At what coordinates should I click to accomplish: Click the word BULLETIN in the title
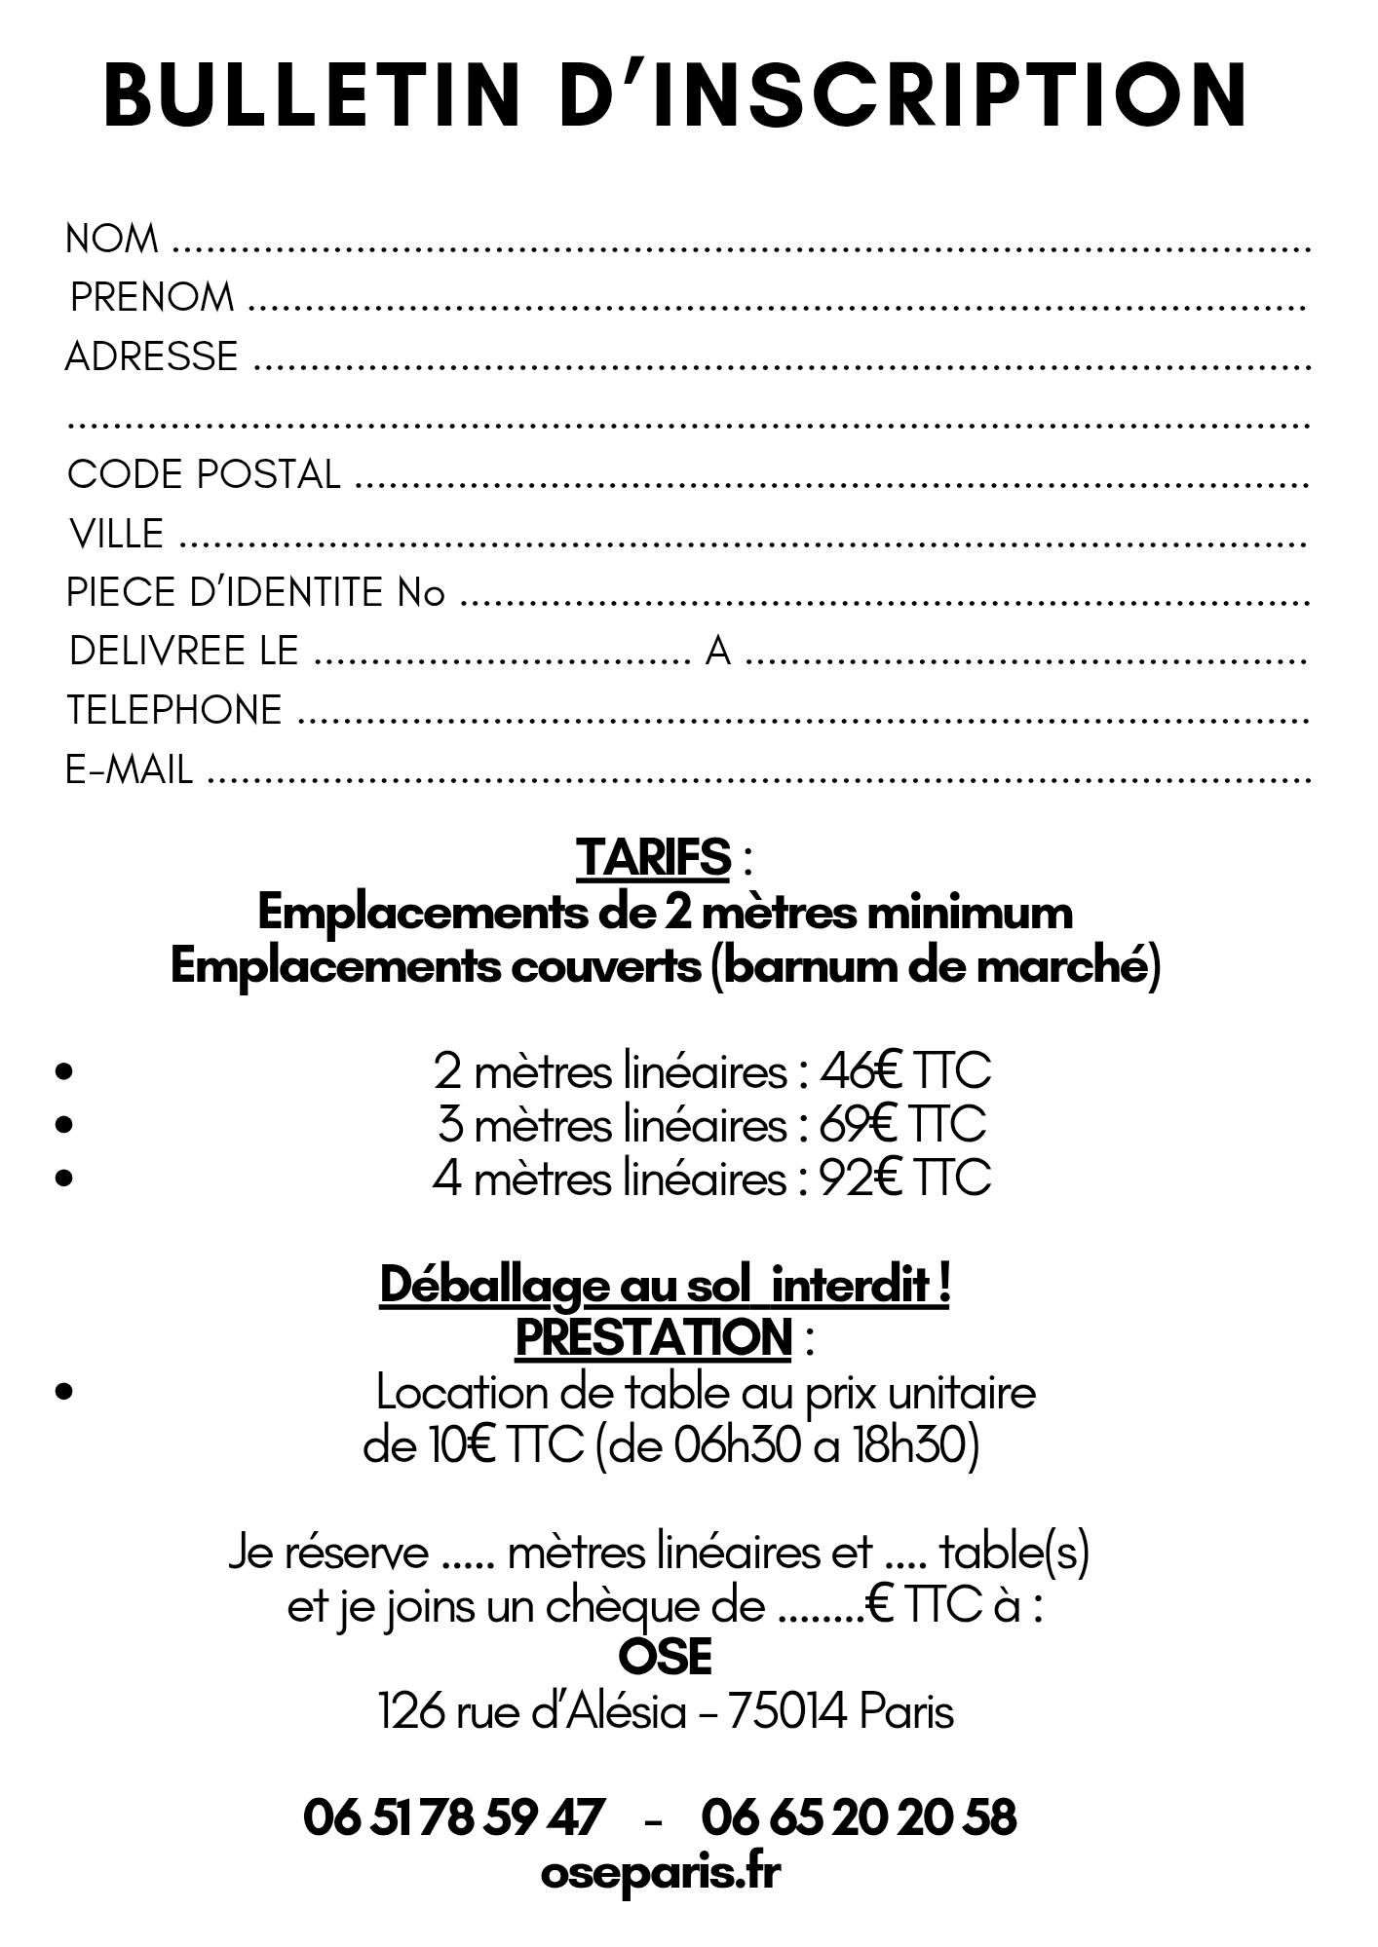pyautogui.click(x=313, y=94)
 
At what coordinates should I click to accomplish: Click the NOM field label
pyautogui.click(x=111, y=239)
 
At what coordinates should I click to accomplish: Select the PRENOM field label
pyautogui.click(x=152, y=297)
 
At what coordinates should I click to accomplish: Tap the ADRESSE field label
pyautogui.click(x=151, y=356)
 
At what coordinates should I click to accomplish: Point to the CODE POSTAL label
pyautogui.click(x=204, y=474)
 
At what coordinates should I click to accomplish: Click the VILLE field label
pyautogui.click(x=116, y=534)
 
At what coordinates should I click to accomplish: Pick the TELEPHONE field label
pyautogui.click(x=174, y=710)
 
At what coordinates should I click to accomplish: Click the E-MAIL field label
pyautogui.click(x=129, y=769)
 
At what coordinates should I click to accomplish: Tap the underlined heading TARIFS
pyautogui.click(x=653, y=857)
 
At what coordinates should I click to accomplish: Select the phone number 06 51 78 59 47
pyautogui.click(x=453, y=1817)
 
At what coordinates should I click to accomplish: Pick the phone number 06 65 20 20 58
pyautogui.click(x=859, y=1817)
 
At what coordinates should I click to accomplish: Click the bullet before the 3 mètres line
pyautogui.click(x=64, y=1124)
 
